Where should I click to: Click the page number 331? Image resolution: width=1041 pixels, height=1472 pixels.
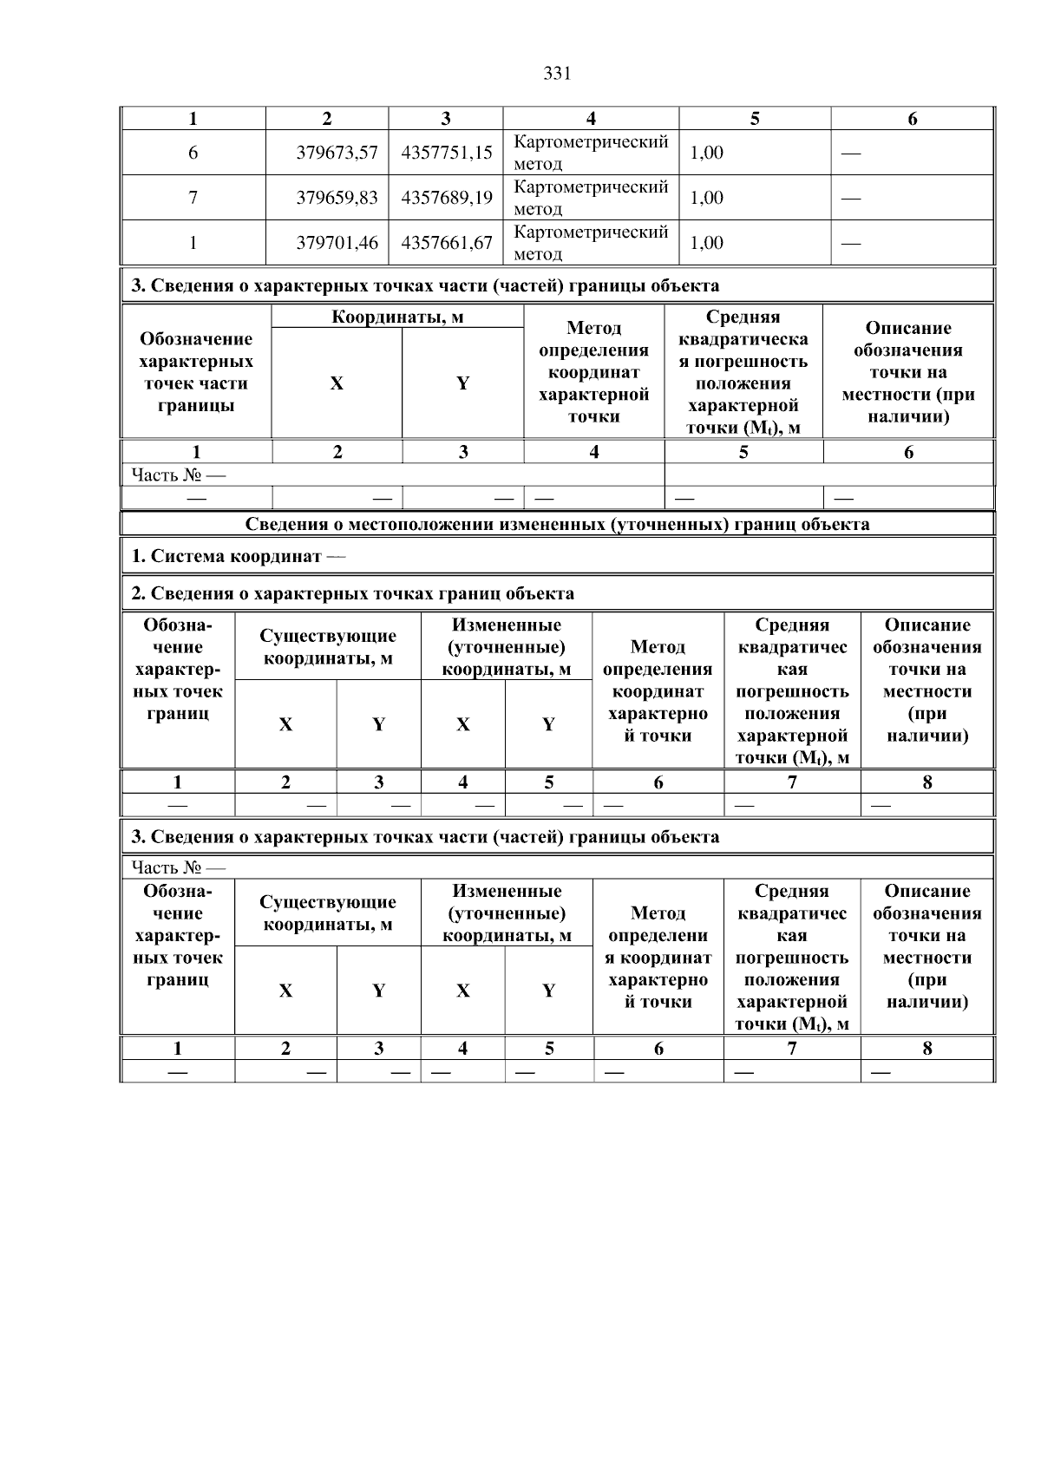556,74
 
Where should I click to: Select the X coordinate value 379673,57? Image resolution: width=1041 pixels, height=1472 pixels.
337,153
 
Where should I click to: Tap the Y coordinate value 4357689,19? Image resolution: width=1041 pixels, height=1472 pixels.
447,198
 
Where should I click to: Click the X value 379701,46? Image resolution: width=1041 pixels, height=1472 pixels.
337,243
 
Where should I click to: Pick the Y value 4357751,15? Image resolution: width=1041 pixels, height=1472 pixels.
447,153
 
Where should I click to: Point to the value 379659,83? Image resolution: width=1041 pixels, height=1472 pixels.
337,198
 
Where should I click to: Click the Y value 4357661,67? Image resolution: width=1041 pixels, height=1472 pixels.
447,243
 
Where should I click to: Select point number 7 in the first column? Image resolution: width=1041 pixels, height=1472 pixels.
193,198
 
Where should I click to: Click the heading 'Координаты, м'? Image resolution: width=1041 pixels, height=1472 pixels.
397,317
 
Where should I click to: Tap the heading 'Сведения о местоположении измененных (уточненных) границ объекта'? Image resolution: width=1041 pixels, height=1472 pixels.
557,524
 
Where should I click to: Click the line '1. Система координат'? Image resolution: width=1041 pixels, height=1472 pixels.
237,556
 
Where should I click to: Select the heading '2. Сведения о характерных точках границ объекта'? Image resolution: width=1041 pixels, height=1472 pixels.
352,593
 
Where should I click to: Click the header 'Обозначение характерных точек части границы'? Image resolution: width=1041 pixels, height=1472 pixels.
196,372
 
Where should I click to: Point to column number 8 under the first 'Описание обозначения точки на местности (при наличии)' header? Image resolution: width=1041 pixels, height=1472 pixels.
926,782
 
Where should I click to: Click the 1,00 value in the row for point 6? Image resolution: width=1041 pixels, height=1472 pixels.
707,153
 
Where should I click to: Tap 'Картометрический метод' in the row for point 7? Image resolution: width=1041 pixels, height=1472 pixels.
591,198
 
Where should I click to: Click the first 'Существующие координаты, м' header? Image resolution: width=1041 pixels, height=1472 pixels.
328,647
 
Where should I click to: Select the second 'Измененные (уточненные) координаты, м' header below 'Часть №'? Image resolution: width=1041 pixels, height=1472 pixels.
507,913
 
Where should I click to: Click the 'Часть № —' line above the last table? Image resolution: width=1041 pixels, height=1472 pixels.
178,867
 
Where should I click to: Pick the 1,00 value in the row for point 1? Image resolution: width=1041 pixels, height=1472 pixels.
707,243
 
